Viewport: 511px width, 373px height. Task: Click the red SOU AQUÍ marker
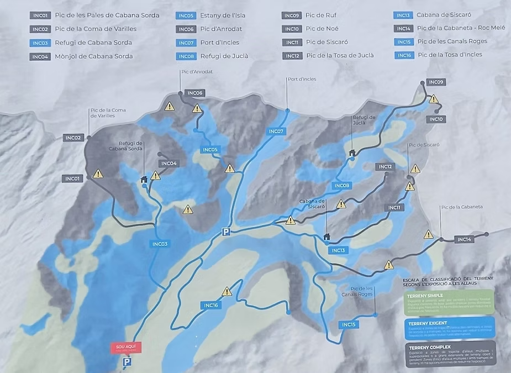coord(125,348)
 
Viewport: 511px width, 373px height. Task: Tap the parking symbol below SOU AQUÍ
coord(127,362)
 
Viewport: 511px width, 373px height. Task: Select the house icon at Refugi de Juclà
coord(352,153)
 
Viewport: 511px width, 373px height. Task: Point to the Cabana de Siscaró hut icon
coord(326,237)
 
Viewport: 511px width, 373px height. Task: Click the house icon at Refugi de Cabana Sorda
coord(144,179)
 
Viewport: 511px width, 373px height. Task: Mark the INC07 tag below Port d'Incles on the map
coord(276,132)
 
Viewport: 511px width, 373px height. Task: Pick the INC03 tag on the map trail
coord(160,244)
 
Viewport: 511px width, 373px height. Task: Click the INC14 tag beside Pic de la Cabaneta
coord(465,239)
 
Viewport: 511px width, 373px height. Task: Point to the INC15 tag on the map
coord(349,324)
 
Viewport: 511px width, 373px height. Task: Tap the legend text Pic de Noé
coord(322,29)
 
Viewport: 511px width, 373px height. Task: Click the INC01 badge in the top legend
coord(40,15)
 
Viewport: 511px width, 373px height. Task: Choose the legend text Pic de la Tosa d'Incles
coord(450,55)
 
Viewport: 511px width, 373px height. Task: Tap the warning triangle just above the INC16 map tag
coord(227,291)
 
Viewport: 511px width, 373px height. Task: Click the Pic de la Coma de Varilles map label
coord(108,113)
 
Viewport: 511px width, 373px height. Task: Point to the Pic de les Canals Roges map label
coord(362,291)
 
